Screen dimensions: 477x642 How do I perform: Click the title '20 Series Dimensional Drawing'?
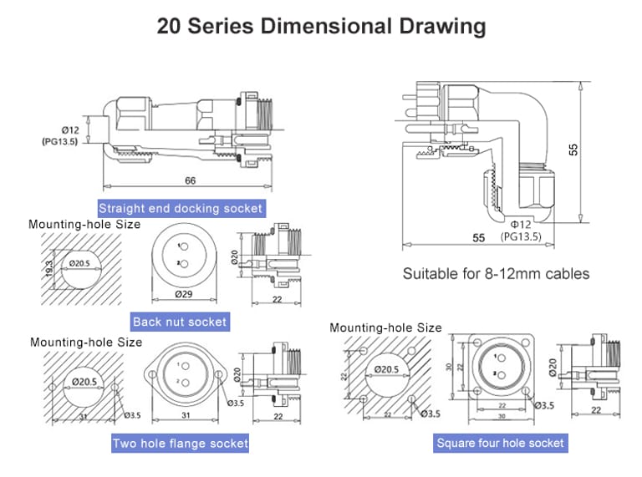[321, 26]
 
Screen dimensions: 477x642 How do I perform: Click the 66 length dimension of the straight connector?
[191, 180]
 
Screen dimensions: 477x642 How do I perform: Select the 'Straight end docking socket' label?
[181, 208]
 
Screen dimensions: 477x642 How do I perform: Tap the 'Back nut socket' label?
[180, 322]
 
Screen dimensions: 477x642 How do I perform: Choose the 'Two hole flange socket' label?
[181, 443]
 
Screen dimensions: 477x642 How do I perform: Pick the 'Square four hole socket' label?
[500, 443]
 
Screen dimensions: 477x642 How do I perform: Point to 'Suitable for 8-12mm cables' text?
[496, 273]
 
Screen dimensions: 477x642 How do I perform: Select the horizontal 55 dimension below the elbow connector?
[479, 237]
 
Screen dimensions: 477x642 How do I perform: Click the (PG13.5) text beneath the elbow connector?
[522, 236]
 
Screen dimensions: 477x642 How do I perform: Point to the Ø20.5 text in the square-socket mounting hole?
[386, 368]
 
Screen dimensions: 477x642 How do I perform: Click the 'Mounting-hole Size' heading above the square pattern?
[385, 327]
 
